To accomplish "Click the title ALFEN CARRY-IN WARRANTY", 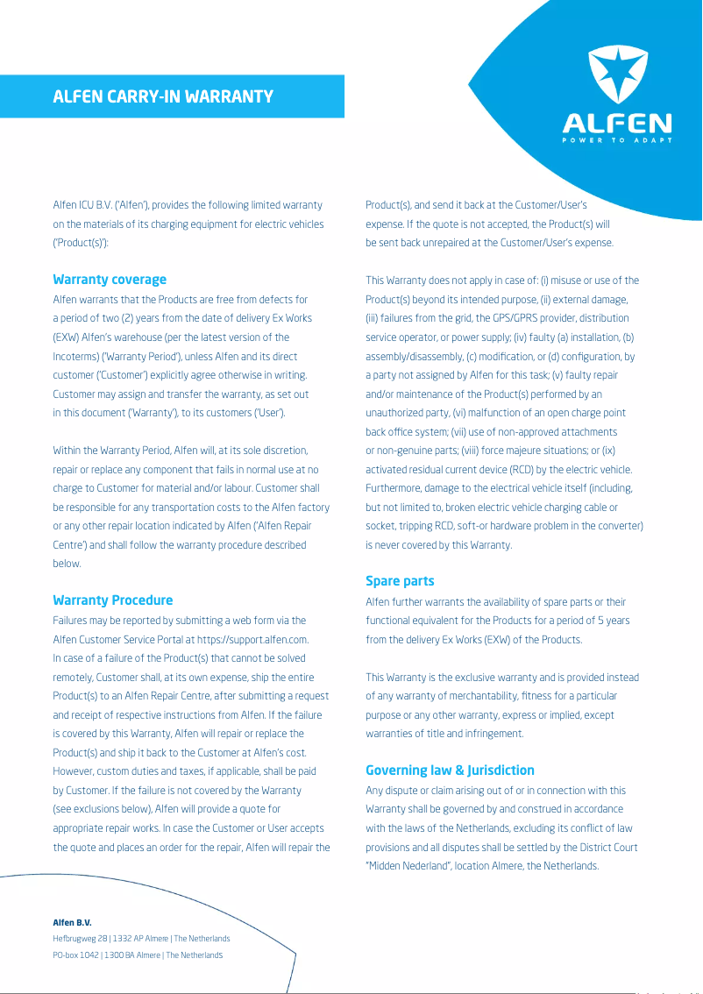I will (x=163, y=96).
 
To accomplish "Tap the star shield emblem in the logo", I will (x=617, y=76).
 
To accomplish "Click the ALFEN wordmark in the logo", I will (x=617, y=124).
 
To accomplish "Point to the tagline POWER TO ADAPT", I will (x=617, y=140).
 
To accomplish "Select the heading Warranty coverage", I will (x=110, y=280).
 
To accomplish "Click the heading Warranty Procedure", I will (x=113, y=600).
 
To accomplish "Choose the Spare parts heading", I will (x=400, y=581).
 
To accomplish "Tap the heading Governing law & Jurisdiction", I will (x=450, y=770).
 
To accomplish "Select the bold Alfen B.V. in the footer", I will (x=73, y=923).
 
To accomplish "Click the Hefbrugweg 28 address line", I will (x=141, y=939).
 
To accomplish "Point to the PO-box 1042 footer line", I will (x=138, y=955).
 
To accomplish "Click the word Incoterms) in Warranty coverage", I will (x=77, y=357).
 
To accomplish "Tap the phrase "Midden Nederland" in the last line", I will (x=408, y=866).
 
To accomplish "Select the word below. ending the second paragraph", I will (x=67, y=564).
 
